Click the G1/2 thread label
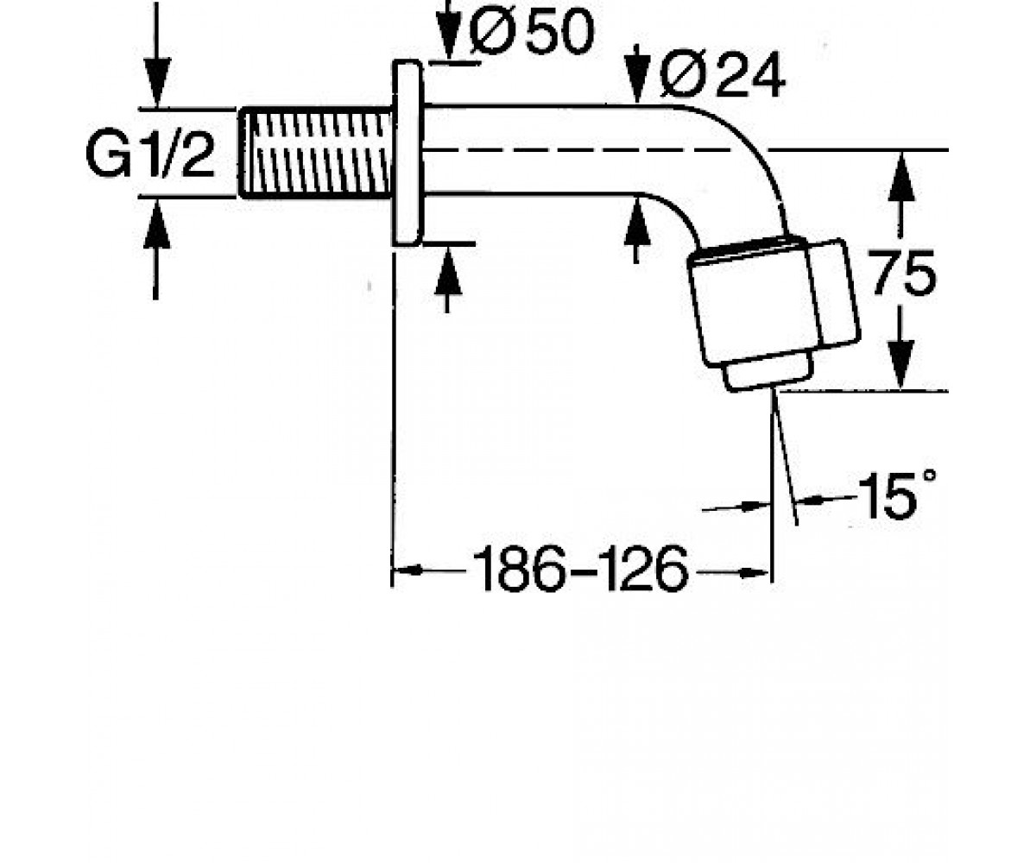[150, 155]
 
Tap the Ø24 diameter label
[723, 75]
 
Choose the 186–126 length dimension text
[581, 569]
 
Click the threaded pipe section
[316, 154]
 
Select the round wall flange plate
[407, 153]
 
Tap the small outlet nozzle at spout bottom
[768, 376]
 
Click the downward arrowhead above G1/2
[157, 82]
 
